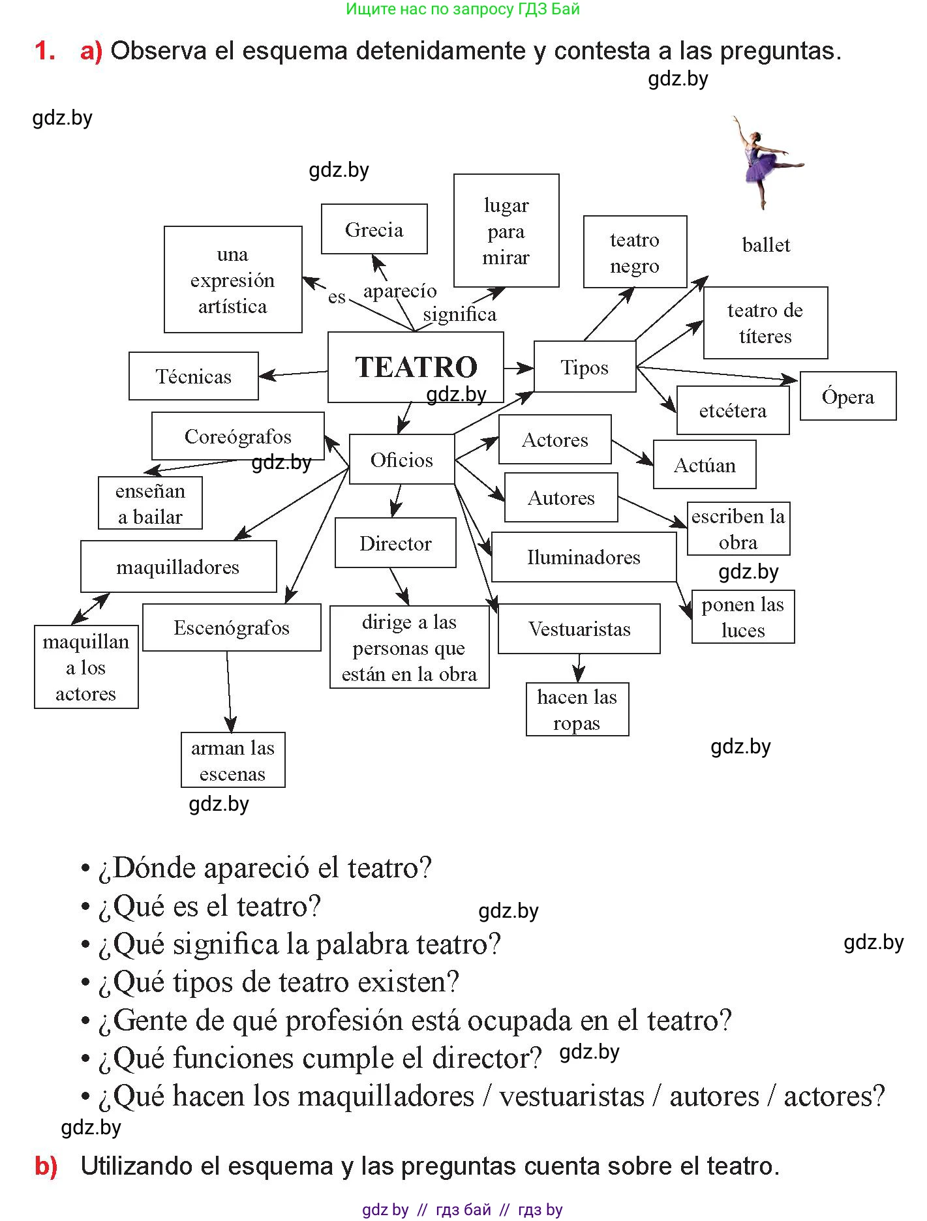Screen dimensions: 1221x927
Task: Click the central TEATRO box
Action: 416,367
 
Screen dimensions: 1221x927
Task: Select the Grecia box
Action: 374,230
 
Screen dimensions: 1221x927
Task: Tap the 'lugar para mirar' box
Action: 506,231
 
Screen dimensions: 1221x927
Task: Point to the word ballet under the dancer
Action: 766,245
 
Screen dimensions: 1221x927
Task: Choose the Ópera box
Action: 847,397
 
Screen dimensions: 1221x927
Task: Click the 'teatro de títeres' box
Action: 765,323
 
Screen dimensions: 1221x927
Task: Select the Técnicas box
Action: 194,376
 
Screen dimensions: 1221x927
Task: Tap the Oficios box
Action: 402,460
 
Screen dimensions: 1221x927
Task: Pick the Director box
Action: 395,543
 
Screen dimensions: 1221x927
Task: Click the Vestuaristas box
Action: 579,629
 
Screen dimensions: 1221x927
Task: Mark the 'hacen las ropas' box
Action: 577,710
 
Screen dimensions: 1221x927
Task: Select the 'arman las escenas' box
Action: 233,761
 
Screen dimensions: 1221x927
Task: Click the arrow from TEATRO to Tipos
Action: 519,368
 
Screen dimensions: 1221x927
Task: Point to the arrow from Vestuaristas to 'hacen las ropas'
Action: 579,668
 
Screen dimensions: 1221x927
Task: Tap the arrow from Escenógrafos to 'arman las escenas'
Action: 229,691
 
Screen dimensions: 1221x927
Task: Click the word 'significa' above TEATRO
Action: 459,314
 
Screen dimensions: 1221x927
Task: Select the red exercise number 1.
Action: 44,51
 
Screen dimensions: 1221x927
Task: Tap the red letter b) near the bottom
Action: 46,1166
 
